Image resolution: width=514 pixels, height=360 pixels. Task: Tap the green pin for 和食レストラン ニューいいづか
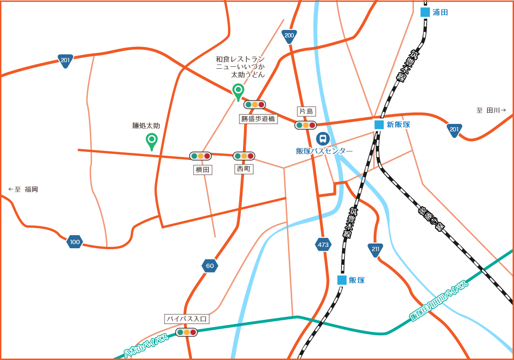(238, 91)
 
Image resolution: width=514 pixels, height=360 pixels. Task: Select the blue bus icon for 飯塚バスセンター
(322, 138)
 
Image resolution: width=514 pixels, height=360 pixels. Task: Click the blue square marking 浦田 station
(425, 12)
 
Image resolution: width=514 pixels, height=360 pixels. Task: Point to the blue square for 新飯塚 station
(379, 124)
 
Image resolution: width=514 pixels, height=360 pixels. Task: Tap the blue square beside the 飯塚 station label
(342, 280)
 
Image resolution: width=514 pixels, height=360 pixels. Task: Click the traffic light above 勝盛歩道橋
(255, 105)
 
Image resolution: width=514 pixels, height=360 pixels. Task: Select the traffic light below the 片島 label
(306, 125)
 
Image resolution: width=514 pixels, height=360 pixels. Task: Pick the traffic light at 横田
(200, 156)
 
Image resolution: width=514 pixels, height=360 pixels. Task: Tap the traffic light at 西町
(244, 156)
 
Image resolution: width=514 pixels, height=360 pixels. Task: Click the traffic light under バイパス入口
(186, 332)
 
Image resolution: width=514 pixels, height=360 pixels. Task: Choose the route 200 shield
(289, 36)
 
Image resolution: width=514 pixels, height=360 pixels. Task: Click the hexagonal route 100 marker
(75, 242)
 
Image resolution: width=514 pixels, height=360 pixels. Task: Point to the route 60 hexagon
(210, 266)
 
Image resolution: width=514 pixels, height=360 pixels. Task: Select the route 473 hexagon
(323, 245)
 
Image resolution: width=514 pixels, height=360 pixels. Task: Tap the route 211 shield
(375, 250)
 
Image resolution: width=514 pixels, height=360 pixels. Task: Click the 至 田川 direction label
(491, 110)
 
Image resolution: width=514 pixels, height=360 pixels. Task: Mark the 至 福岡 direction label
(23, 189)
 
